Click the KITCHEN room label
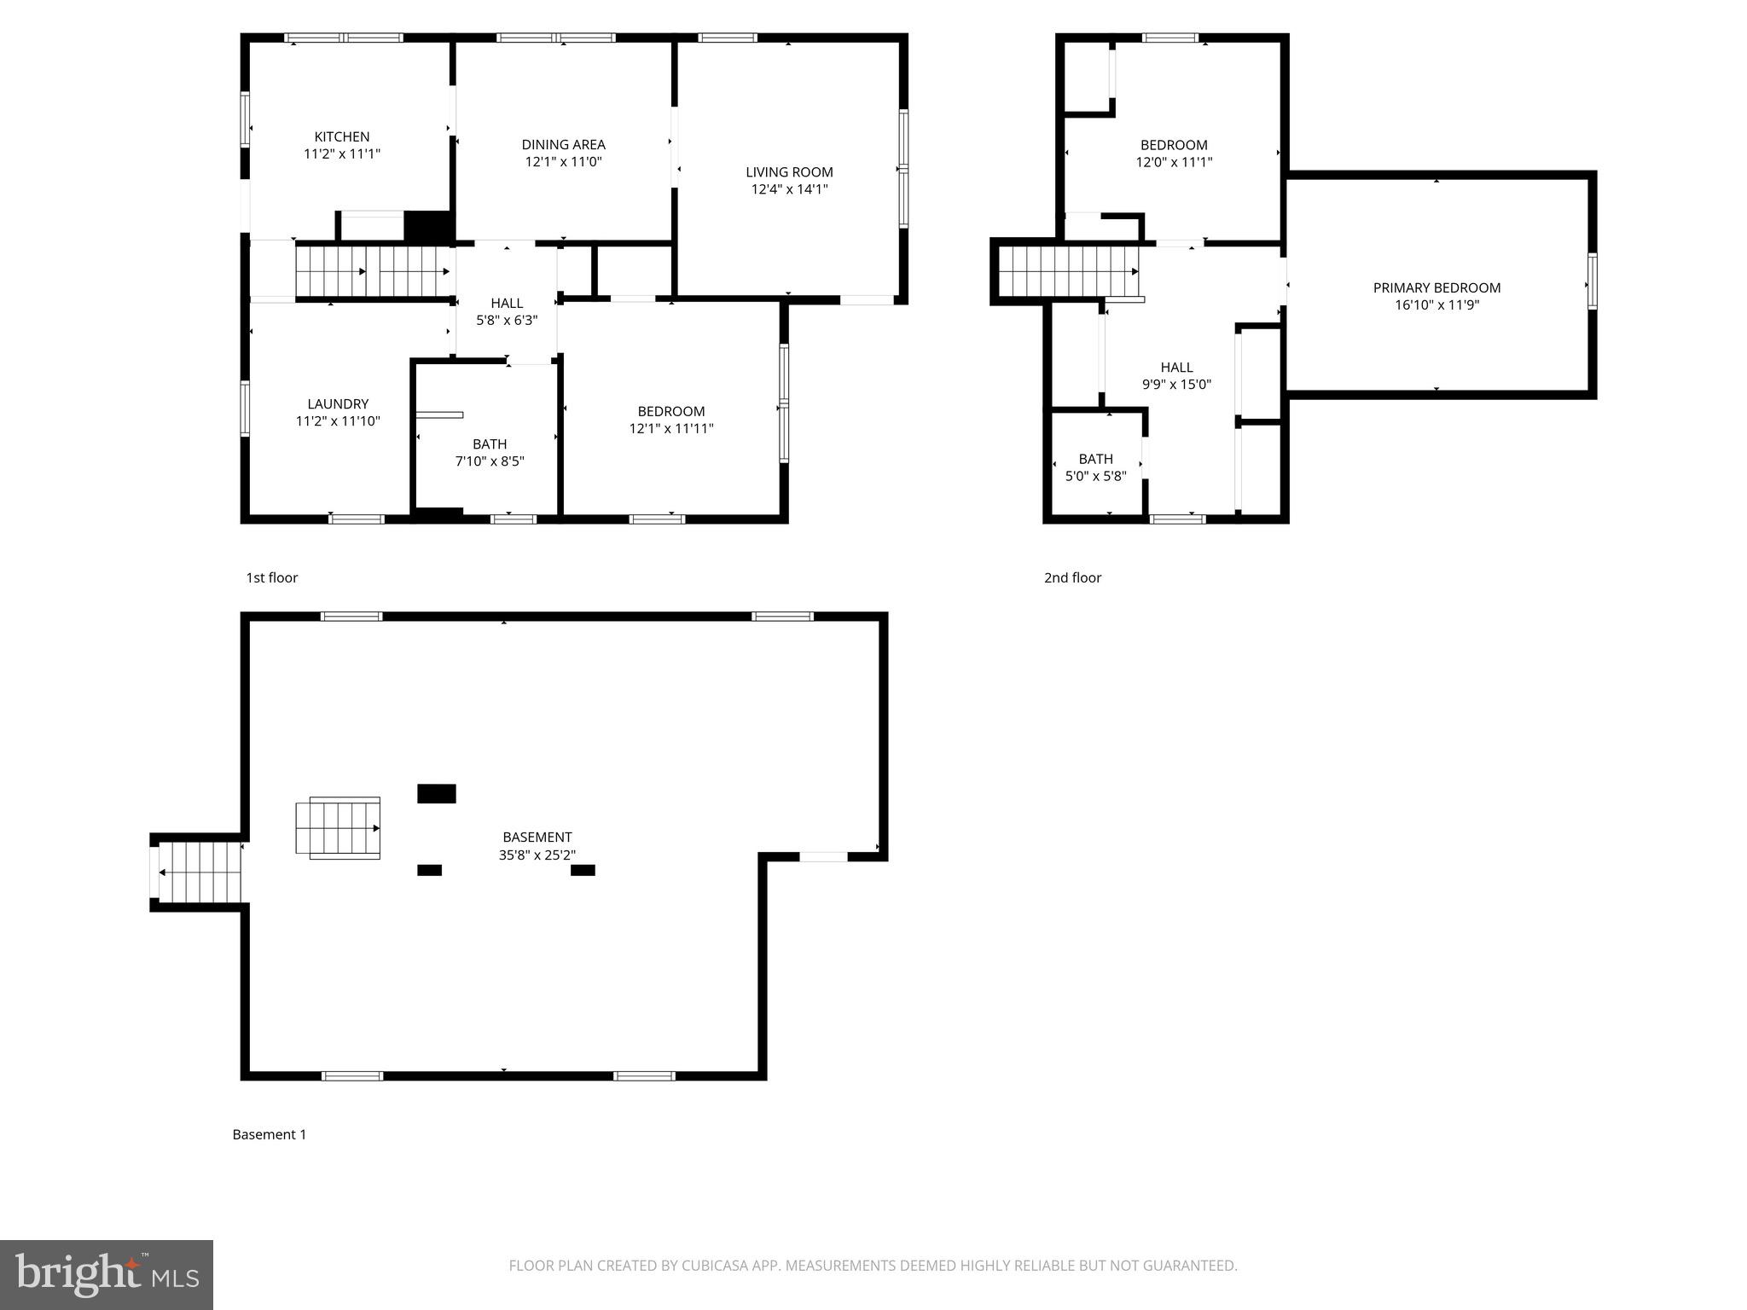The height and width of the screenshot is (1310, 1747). [341, 137]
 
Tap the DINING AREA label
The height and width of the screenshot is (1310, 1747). [563, 145]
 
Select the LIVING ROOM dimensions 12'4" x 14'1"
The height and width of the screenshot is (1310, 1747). [789, 189]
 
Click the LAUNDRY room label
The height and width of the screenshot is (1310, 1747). [338, 404]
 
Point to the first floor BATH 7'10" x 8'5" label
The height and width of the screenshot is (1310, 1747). [490, 453]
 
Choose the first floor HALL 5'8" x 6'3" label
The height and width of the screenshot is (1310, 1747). [507, 311]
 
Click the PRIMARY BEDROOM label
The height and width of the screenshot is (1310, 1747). [1436, 288]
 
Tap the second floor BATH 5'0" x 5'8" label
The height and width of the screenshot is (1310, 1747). [1095, 467]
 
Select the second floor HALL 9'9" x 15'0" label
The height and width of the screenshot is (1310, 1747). [1176, 375]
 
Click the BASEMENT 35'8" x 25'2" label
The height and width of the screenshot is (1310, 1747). [537, 846]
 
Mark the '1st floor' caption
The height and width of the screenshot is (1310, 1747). [271, 577]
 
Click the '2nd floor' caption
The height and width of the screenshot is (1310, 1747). [1072, 577]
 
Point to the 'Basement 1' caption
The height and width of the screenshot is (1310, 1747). [269, 1134]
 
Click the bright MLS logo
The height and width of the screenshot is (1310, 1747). [106, 1274]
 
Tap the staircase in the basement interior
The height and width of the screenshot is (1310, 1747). [339, 828]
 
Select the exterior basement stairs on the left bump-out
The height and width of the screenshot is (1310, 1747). [200, 872]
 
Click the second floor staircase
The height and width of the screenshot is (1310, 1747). [1068, 271]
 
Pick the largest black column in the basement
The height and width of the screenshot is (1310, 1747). [436, 793]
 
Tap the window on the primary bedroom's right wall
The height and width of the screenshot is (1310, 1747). [1592, 281]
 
